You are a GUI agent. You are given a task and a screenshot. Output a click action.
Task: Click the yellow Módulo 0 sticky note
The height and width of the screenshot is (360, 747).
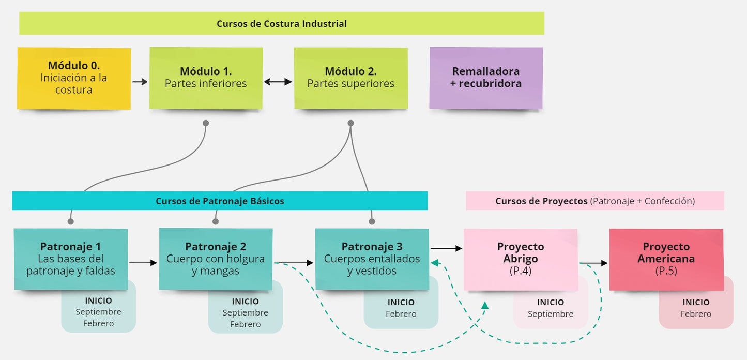74,78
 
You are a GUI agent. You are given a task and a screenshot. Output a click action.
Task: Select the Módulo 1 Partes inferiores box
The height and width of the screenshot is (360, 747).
206,78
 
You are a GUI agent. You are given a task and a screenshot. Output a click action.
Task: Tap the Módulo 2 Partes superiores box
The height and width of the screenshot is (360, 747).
350,78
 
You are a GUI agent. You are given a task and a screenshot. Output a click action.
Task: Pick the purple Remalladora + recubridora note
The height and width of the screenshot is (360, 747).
486,78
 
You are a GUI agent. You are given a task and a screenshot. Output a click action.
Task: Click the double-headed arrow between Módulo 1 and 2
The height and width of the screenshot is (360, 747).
278,82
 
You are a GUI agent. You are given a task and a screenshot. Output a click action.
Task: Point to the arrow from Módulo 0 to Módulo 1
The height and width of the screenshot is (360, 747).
140,82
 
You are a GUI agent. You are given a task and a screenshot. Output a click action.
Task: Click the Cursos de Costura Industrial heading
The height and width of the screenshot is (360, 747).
282,24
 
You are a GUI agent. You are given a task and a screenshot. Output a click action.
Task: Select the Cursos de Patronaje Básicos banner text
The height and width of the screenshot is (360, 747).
220,201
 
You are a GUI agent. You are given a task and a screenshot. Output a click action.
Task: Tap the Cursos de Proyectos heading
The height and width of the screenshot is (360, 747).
594,201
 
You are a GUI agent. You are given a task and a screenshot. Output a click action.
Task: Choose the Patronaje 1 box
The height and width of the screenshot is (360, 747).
71,259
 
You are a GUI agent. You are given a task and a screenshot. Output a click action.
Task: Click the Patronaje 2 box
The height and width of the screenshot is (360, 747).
216,259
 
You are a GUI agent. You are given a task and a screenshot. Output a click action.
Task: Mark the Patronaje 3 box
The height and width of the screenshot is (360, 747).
372,259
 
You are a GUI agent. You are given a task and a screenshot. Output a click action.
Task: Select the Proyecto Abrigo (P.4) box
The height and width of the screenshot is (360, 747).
521,259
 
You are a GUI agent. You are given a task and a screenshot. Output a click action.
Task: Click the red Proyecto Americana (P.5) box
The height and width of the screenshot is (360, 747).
666,259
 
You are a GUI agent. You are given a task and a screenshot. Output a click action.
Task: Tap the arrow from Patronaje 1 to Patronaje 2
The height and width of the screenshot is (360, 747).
143,263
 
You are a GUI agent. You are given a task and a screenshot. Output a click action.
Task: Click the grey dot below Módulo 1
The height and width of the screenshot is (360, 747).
206,123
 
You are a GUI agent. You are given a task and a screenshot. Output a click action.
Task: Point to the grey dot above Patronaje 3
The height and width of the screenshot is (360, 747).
372,221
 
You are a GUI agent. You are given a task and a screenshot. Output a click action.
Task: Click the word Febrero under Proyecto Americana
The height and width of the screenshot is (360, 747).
696,314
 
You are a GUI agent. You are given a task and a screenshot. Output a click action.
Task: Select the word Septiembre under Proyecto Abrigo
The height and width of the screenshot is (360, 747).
551,314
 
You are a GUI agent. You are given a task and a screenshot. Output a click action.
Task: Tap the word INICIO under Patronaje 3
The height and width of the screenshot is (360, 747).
401,302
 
